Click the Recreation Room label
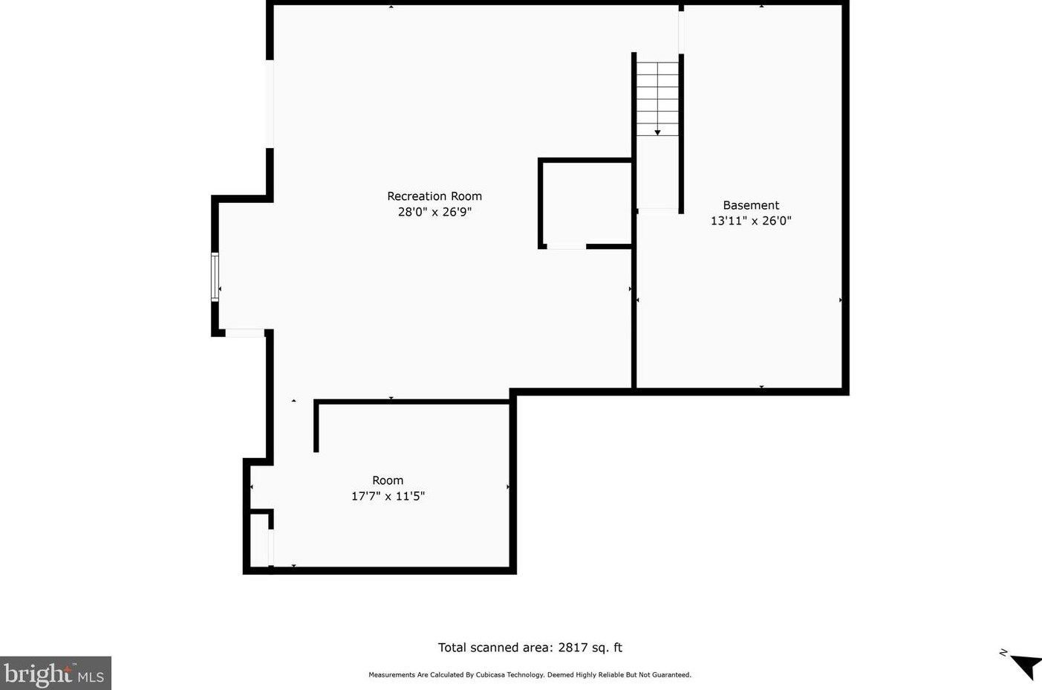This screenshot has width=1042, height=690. pos(434,196)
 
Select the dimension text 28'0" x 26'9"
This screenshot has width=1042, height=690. pos(434,212)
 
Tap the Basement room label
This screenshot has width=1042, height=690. pos(751,205)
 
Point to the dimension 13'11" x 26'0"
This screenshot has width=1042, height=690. pos(751,221)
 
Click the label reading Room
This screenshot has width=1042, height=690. pos(388,480)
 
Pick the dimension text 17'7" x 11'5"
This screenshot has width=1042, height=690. pos(388,496)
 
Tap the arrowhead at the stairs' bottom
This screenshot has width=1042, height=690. pos(657,132)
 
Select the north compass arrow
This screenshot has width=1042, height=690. pos(1026,664)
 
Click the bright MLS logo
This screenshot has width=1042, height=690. pos(55,674)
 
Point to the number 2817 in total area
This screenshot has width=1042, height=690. pos(573,648)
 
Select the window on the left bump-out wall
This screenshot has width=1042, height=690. pos(215,277)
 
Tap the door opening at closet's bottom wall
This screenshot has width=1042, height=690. pos(567,246)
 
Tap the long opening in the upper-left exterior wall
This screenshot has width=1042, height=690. pos(270,104)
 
